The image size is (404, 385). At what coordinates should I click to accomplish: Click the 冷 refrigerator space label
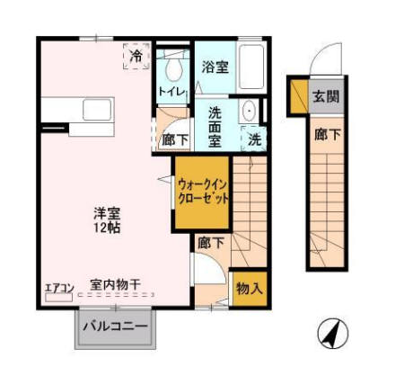click(x=136, y=57)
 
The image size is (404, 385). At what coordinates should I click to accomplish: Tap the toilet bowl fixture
click(x=173, y=68)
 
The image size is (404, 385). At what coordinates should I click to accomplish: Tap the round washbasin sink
click(x=250, y=112)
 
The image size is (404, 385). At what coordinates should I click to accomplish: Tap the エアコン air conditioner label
click(x=57, y=288)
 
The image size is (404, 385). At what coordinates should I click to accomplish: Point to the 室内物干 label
click(x=114, y=286)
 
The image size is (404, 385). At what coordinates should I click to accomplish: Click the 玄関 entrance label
click(x=325, y=97)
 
